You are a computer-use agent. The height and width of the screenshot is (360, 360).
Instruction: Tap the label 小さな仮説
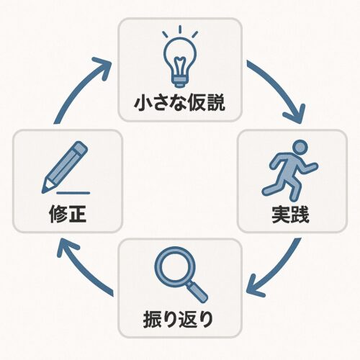[x=180, y=103]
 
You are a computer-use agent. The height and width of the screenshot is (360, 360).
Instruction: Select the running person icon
[x=290, y=171]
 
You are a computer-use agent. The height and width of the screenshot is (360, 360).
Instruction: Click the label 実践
[x=290, y=215]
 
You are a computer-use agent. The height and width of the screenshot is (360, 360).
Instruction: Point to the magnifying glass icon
[x=181, y=274]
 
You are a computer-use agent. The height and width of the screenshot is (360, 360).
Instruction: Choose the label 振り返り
[x=178, y=319]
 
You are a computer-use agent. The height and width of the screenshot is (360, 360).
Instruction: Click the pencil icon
[x=65, y=168]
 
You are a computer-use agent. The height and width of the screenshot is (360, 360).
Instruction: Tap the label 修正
[x=68, y=214]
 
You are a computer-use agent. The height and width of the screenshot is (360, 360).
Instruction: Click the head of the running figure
[x=300, y=146]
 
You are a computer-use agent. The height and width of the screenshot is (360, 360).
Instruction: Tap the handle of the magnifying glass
[x=197, y=292]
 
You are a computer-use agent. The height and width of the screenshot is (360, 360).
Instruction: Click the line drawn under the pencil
[x=73, y=193]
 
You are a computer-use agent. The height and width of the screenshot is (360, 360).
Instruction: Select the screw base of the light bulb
[x=180, y=82]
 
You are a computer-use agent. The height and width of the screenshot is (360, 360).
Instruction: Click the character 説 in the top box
[x=216, y=103]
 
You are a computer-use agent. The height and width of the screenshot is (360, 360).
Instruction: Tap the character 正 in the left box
[x=77, y=215]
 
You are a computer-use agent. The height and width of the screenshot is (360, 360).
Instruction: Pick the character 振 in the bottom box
[x=152, y=319]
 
